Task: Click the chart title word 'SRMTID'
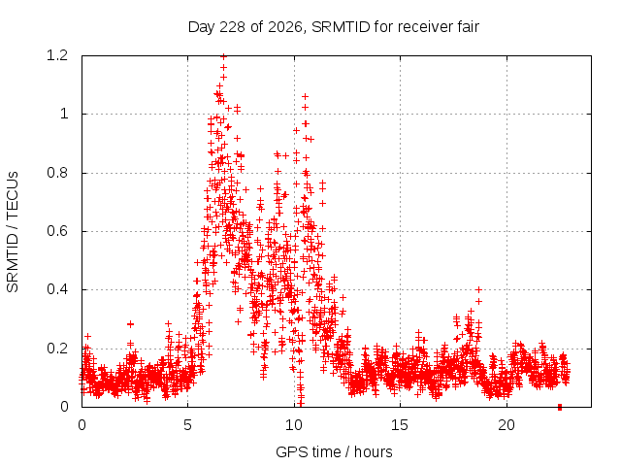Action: click(x=341, y=27)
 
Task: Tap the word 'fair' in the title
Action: click(x=469, y=27)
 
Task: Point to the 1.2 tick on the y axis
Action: click(x=57, y=55)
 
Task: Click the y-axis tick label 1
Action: click(x=64, y=114)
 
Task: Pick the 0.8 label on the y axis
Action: click(x=57, y=173)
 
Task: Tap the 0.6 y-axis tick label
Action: click(x=57, y=231)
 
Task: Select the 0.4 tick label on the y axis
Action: click(x=57, y=289)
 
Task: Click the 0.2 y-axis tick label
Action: click(x=57, y=349)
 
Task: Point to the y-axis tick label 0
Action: click(x=64, y=407)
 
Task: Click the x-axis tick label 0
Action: click(x=82, y=425)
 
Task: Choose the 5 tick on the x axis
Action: click(x=187, y=425)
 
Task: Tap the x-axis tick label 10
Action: click(x=294, y=425)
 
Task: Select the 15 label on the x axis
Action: click(x=400, y=425)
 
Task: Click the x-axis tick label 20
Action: click(x=507, y=425)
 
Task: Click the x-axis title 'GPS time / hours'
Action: click(x=334, y=451)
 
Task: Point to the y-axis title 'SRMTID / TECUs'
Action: click(x=13, y=232)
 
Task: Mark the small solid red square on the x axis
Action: click(x=560, y=407)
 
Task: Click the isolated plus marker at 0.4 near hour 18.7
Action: click(x=478, y=289)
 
